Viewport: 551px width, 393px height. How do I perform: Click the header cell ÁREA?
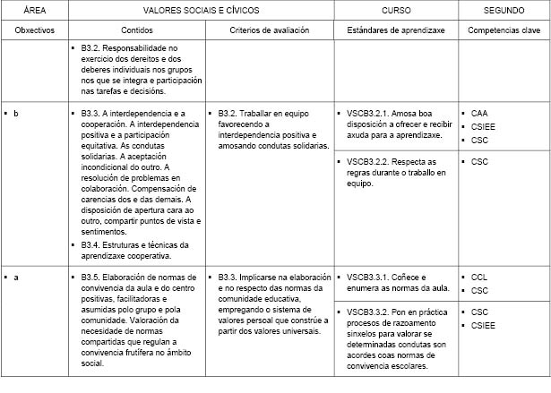tap(35, 9)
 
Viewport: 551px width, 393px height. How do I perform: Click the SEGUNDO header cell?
tap(504, 9)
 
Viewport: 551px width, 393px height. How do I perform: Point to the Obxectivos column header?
tap(35, 30)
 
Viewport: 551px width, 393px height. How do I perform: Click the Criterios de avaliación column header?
tap(270, 30)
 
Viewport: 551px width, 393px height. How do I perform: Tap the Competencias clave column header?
tap(504, 30)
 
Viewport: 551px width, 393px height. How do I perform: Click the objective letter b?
tap(16, 115)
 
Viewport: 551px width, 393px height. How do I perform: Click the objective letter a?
tap(16, 278)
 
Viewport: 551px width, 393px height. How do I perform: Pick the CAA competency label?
tap(480, 115)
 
